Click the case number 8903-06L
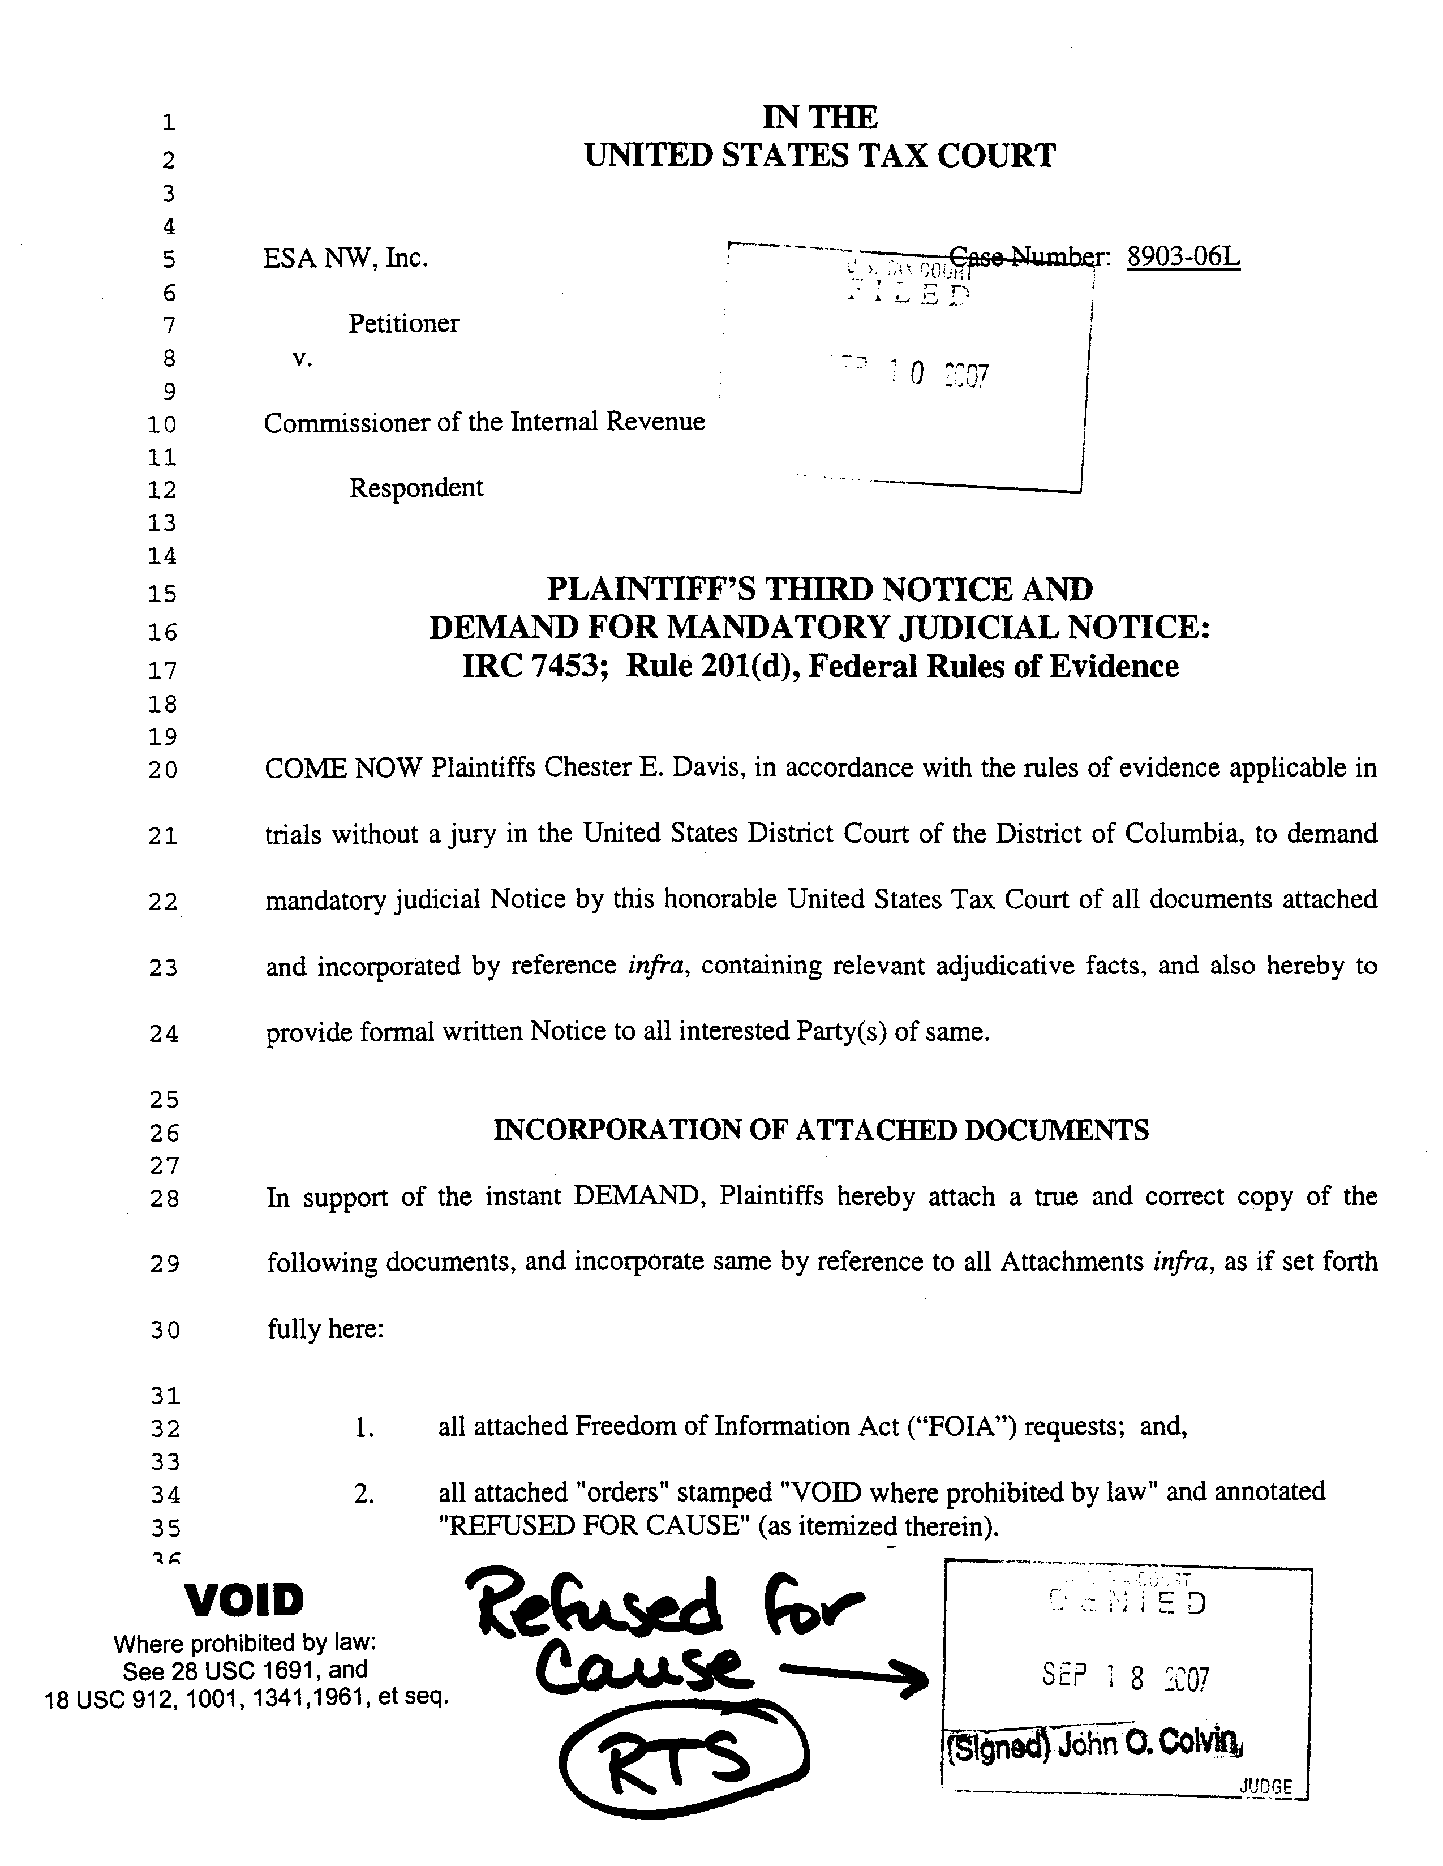[1183, 256]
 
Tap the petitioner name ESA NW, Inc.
[345, 257]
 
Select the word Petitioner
[403, 323]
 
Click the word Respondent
[416, 488]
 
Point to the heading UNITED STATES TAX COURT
[819, 156]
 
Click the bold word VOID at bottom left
[245, 1601]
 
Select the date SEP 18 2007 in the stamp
[1125, 1677]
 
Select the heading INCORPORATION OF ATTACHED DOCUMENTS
[820, 1130]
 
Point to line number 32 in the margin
[165, 1429]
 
